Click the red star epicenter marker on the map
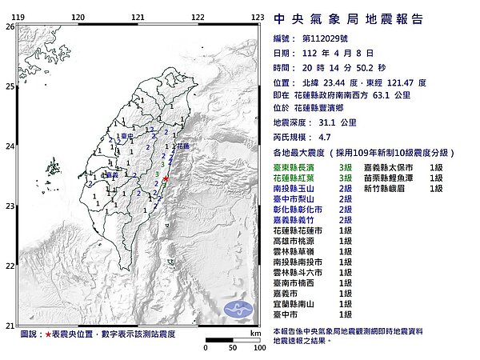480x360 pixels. [165, 178]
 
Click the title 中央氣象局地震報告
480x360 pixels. [348, 18]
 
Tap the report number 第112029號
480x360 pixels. [326, 38]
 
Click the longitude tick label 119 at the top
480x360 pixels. [18, 16]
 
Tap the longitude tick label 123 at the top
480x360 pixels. [258, 16]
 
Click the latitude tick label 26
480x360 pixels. [10, 26]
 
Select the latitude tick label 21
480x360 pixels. [10, 326]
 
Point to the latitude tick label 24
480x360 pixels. [10, 146]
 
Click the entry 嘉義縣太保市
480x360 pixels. [394, 166]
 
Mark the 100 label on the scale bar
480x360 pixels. [256, 349]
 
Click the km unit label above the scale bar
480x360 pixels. [254, 332]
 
